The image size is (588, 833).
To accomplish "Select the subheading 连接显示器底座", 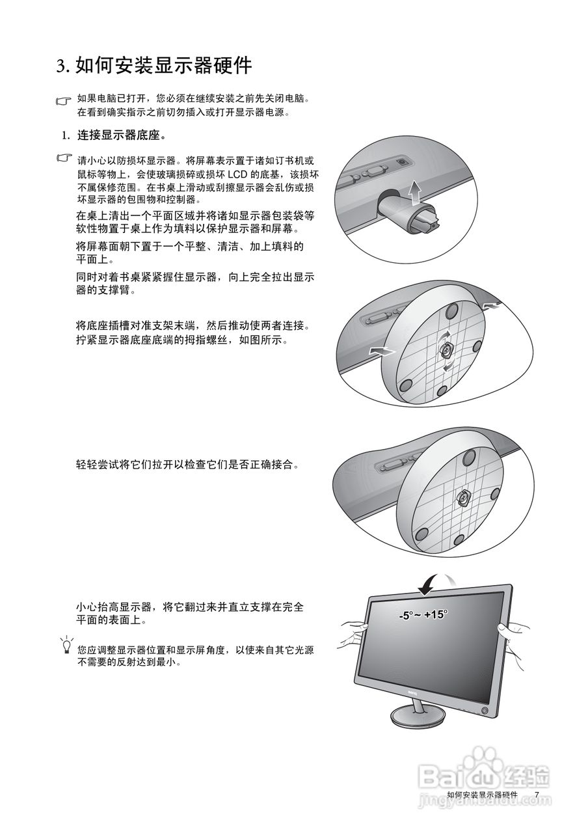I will point(121,136).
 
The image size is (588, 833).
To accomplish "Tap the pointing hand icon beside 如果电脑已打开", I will point(64,101).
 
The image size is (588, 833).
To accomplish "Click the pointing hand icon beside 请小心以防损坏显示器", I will point(64,159).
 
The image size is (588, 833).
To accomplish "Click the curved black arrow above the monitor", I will point(430,582).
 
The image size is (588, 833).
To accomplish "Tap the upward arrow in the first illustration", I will point(412,193).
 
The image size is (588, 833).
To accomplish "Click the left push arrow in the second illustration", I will point(381,351).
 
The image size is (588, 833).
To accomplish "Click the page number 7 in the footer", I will point(537,795).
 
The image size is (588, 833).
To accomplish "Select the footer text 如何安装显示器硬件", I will point(483,795).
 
